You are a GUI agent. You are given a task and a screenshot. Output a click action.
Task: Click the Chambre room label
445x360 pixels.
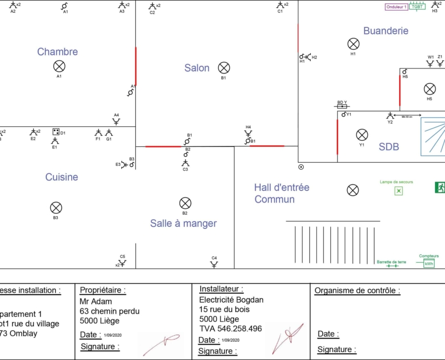(57, 52)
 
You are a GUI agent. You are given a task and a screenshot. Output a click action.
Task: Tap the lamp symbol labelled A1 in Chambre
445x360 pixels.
(59, 66)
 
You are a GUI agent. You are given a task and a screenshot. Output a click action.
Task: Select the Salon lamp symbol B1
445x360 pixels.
(224, 68)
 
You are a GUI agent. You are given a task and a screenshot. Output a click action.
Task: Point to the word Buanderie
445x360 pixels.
(385, 31)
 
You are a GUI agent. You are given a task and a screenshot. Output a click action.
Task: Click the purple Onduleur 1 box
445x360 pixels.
(397, 7)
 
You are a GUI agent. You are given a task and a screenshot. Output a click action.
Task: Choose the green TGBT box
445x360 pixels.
(417, 7)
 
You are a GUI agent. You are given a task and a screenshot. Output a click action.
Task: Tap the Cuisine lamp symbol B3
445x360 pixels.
(56, 208)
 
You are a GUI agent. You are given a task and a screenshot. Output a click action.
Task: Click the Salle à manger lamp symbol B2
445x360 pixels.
(185, 203)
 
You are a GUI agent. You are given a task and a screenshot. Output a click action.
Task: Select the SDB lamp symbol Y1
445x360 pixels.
(362, 135)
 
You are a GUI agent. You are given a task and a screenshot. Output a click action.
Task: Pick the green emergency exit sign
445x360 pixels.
(440, 187)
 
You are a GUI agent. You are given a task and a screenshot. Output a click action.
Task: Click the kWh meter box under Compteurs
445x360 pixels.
(429, 263)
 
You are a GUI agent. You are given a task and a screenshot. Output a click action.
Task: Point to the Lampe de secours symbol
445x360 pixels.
(399, 191)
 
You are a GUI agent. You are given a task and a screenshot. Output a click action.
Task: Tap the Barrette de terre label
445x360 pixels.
(391, 262)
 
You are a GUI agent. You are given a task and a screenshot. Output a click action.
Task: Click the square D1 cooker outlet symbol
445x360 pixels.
(55, 132)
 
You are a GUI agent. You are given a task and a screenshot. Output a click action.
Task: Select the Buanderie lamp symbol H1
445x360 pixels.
(353, 44)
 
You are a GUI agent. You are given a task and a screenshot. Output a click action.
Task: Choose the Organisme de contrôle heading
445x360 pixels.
(357, 291)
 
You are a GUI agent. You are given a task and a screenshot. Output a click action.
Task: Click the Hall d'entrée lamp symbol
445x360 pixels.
(353, 190)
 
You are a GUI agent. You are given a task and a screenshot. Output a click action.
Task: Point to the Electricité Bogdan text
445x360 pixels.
(231, 299)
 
